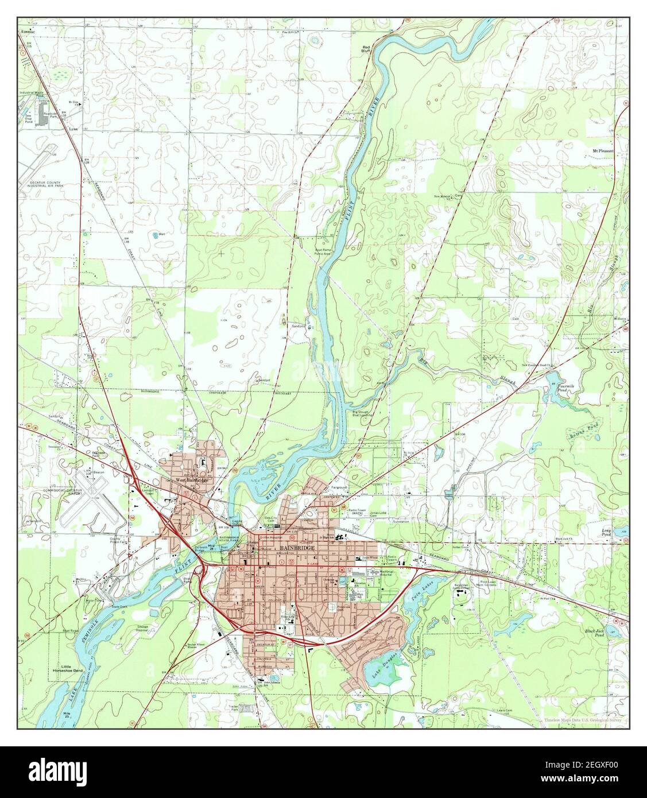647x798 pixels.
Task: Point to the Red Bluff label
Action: [365, 48]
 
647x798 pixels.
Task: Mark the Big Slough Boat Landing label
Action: [362, 413]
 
